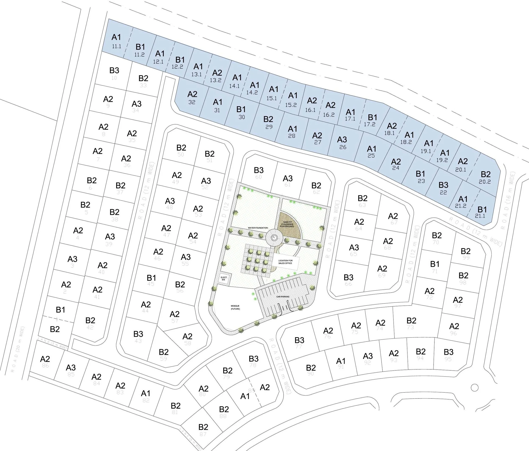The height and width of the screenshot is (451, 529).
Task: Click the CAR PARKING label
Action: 283,297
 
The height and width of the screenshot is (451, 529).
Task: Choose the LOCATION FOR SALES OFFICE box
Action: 285,262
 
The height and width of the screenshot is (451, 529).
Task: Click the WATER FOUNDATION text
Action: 258,228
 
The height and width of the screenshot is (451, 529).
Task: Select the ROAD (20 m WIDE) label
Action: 19,350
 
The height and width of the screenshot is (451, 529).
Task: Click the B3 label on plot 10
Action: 114,70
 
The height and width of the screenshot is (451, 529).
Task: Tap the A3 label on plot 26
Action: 342,140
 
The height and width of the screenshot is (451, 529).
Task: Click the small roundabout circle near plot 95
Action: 474,388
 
